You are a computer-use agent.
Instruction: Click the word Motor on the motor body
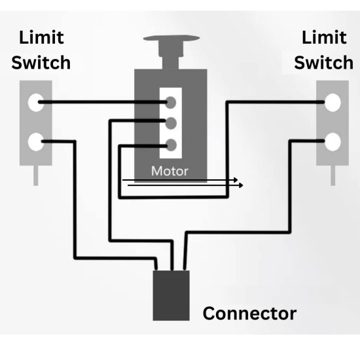[170, 171]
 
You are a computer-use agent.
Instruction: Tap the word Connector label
[249, 313]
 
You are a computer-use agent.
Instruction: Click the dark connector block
[171, 295]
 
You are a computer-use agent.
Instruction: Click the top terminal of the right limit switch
[333, 101]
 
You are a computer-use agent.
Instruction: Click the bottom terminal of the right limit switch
[333, 140]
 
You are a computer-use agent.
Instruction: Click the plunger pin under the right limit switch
[333, 175]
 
